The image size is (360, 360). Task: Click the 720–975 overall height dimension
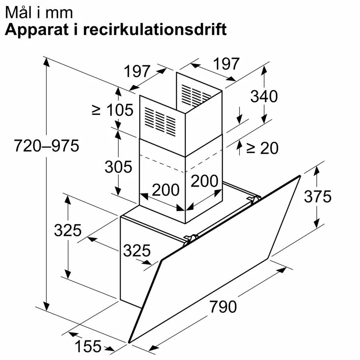[x=47, y=146]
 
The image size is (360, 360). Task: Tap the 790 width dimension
[x=223, y=306]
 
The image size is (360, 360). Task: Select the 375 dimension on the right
[x=318, y=196]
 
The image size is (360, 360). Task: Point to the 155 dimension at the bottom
[x=88, y=346]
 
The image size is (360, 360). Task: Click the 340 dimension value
[x=264, y=96]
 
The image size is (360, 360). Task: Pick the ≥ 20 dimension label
[x=262, y=148]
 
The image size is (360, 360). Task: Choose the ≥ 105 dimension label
[x=112, y=110]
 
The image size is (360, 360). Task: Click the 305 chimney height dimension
[x=118, y=167]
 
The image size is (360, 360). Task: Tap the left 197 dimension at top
[x=137, y=71]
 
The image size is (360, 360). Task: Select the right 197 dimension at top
[x=226, y=64]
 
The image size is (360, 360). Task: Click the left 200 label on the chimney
[x=166, y=190]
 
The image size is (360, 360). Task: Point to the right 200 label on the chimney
[x=204, y=181]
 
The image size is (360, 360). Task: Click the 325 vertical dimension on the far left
[x=68, y=230]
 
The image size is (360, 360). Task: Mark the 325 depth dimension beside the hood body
[x=137, y=250]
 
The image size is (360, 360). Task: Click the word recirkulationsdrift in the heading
[x=155, y=29]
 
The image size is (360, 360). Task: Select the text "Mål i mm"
[x=39, y=12]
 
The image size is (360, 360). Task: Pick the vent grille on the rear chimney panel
[x=196, y=95]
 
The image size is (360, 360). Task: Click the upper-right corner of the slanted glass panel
[x=300, y=176]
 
